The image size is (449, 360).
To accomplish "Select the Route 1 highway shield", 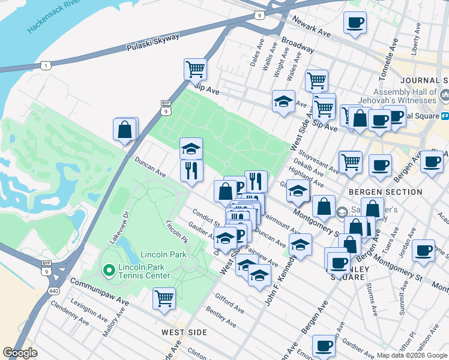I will click(x=44, y=65).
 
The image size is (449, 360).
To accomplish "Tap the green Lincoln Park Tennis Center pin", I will click(x=109, y=271).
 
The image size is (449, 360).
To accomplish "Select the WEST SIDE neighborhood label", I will click(x=184, y=332).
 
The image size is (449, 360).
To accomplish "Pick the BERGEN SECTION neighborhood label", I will click(x=386, y=192).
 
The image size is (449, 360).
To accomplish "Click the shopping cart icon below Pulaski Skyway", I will click(x=195, y=70).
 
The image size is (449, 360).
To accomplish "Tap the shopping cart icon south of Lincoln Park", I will click(x=164, y=298).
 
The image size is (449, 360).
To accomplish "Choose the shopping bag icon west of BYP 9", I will click(x=125, y=129).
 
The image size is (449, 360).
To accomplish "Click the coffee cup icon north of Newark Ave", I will click(x=355, y=23).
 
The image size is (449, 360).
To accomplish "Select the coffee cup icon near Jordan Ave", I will click(x=424, y=251).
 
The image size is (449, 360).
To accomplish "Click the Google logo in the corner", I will click(x=20, y=353).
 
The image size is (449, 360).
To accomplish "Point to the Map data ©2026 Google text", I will click(x=412, y=355).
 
